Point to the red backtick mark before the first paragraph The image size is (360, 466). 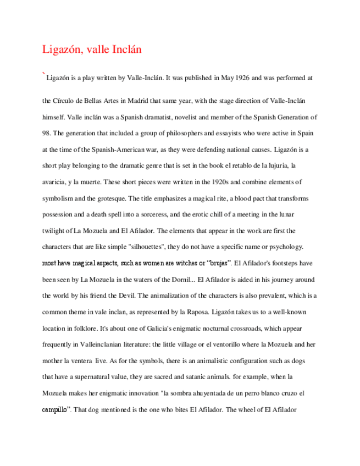pyautogui.click(x=43, y=74)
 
